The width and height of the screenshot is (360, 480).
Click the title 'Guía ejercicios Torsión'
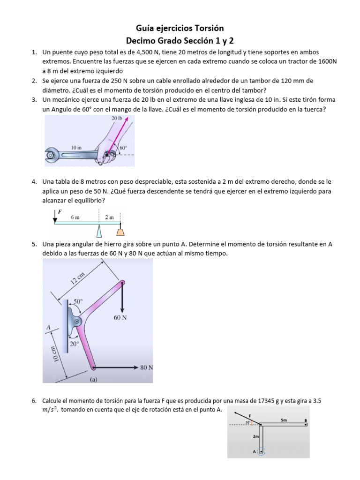pyautogui.click(x=180, y=29)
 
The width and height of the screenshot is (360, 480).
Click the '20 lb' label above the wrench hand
pyautogui.click(x=117, y=119)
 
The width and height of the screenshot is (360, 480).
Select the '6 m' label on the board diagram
pyautogui.click(x=75, y=217)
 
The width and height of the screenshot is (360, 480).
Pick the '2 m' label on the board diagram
pyautogui.click(x=109, y=217)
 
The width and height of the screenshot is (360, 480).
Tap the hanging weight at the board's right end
pyautogui.click(x=120, y=231)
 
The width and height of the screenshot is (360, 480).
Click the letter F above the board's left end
pyautogui.click(x=60, y=211)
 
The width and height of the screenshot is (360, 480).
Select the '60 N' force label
pyautogui.click(x=121, y=317)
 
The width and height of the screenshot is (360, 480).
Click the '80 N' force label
pyautogui.click(x=147, y=367)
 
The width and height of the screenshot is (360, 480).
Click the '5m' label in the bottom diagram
pyautogui.click(x=284, y=420)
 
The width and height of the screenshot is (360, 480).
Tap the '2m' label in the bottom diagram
pyautogui.click(x=256, y=436)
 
